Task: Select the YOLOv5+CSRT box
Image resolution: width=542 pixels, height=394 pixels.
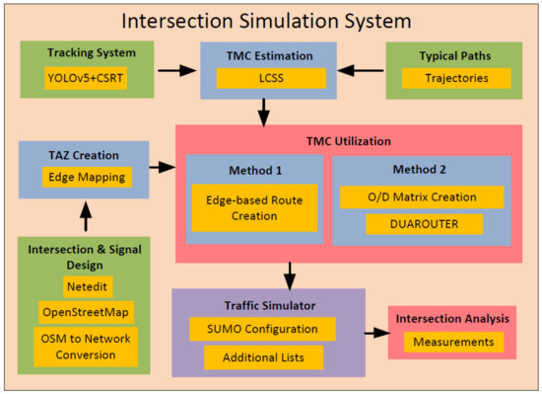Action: (86, 78)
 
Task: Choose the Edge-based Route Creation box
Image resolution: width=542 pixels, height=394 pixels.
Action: (254, 207)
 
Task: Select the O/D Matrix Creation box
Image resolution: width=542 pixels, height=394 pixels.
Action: (422, 197)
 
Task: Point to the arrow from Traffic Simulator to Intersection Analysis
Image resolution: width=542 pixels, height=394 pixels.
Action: (373, 333)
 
